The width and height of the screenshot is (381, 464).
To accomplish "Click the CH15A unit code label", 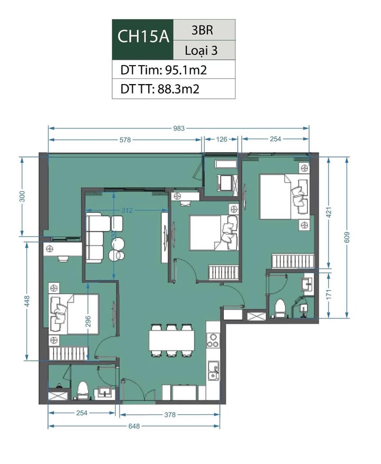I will click(x=143, y=38).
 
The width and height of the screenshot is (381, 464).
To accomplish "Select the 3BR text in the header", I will click(x=204, y=30).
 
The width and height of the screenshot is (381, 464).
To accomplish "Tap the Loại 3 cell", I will click(x=204, y=50).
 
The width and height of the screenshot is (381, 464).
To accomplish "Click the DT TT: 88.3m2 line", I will click(x=159, y=89).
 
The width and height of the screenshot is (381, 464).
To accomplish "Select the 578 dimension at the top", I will click(x=124, y=140).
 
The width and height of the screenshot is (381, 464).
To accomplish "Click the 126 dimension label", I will click(x=221, y=140).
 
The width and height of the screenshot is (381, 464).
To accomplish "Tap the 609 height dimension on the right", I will click(x=347, y=238).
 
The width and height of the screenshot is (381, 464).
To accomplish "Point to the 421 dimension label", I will click(x=329, y=213).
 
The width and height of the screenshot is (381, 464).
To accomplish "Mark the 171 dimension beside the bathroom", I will click(x=329, y=295).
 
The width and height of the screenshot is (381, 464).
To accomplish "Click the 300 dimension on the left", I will click(x=22, y=196).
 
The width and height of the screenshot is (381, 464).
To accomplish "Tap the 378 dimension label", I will click(x=169, y=415).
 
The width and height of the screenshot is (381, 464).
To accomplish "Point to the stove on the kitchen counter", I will click(x=213, y=340).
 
